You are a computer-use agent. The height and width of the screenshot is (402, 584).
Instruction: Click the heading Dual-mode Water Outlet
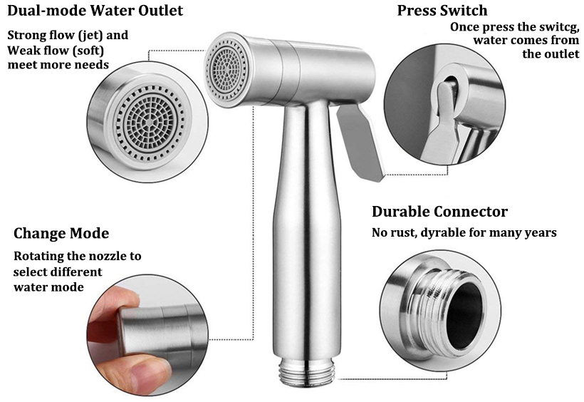95,11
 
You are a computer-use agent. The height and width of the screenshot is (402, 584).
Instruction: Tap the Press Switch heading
442,11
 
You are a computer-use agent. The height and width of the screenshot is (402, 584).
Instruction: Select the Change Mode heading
61,234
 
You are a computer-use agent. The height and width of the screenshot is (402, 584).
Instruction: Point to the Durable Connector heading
439,212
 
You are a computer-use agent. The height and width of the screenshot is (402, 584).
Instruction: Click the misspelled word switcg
547,27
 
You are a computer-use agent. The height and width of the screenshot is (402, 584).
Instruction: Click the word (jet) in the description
93,35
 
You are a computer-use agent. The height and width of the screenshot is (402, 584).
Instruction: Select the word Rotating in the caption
42,256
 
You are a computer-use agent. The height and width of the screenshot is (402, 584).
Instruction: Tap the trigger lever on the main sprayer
359,143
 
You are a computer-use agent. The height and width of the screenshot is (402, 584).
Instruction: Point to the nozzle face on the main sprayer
225,67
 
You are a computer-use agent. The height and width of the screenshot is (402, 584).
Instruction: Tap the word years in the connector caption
538,232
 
